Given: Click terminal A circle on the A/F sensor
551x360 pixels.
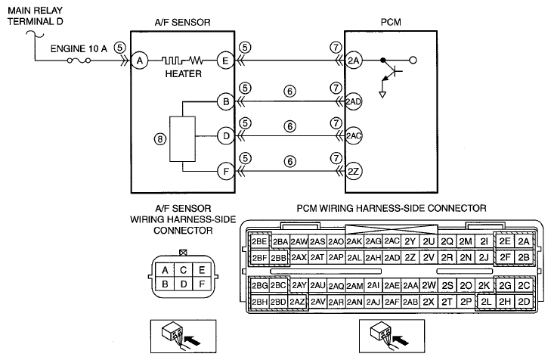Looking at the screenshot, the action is (x=140, y=61).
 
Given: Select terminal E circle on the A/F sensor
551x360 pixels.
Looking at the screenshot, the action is (x=225, y=61).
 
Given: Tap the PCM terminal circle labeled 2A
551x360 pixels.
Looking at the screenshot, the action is (x=354, y=61).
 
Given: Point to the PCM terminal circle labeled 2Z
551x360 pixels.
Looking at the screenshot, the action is (x=354, y=172).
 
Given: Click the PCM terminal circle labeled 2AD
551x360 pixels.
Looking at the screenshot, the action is (x=354, y=101).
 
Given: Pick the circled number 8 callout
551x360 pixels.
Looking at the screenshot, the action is (x=160, y=139).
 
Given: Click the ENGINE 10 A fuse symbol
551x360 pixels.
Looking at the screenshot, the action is (x=79, y=61).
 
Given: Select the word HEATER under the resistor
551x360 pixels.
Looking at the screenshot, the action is (x=184, y=74).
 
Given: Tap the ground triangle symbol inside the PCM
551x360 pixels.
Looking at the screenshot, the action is (x=382, y=95).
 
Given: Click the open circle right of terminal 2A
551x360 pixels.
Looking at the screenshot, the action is (x=413, y=61).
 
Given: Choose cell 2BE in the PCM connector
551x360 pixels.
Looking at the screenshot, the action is (x=259, y=241).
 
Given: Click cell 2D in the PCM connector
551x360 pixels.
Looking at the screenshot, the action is (x=524, y=302).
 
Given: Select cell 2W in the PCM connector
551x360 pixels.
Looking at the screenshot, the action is (x=429, y=285).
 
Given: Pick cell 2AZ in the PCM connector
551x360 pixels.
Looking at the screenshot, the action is (x=298, y=302).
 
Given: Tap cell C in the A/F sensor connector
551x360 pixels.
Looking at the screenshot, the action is (x=183, y=270).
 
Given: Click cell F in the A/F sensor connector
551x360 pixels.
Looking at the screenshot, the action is (x=202, y=284).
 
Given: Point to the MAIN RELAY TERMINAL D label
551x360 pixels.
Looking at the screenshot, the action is (x=35, y=16).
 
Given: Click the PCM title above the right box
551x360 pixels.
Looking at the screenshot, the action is (x=391, y=22).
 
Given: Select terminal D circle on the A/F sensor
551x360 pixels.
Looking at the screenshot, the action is (x=225, y=136).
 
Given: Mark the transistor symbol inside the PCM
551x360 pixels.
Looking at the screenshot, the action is (x=391, y=72).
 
